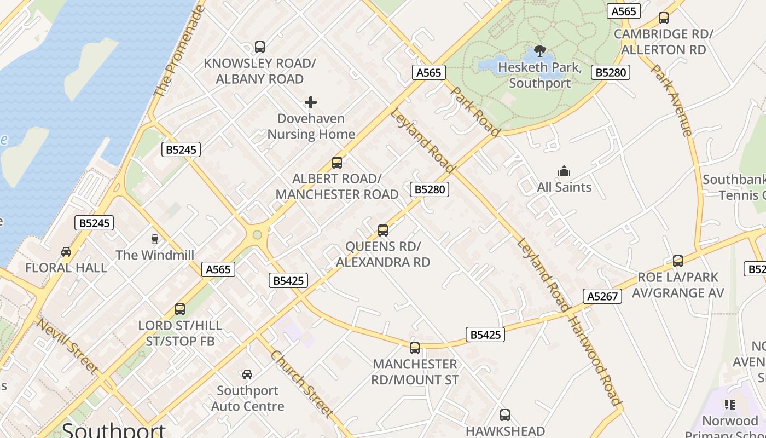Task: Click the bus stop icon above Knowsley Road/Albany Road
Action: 260,47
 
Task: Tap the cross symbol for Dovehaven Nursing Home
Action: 311,102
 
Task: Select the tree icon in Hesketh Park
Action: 540,51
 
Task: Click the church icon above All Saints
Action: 564,171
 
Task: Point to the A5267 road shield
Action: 603,296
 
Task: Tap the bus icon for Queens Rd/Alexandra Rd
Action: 383,230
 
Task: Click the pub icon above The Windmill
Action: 154,239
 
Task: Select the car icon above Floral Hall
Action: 66,252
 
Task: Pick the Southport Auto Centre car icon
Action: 247,374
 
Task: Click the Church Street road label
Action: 301,384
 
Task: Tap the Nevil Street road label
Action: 67,346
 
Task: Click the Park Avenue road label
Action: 672,101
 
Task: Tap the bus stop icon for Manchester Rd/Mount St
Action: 415,348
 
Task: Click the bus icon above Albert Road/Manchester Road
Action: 337,163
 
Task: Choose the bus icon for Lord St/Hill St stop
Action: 180,309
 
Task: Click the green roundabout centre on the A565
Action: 257,235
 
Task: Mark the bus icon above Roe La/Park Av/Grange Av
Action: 678,261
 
